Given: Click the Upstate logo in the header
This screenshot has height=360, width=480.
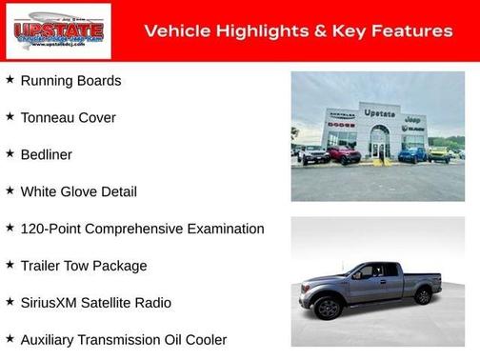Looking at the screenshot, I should [x=58, y=31].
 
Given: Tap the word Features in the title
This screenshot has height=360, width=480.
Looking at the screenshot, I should [x=410, y=31].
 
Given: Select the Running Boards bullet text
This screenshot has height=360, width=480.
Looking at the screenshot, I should [x=70, y=81].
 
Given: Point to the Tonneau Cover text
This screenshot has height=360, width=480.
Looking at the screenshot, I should [x=68, y=118].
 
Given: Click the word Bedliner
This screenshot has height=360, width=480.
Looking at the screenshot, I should [x=46, y=154].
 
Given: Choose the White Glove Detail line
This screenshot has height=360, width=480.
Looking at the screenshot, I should [x=78, y=191].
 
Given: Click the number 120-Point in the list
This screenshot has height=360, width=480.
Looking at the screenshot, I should [x=53, y=229].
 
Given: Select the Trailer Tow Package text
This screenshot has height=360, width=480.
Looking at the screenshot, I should [x=84, y=266].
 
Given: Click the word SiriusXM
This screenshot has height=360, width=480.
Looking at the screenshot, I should [x=51, y=303].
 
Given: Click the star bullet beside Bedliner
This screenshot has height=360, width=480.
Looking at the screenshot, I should [x=10, y=153].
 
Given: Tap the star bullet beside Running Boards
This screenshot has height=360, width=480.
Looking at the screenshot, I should [x=10, y=80].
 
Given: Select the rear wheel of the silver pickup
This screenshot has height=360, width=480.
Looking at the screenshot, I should [x=423, y=295].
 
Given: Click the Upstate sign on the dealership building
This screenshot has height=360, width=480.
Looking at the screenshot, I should [x=379, y=113].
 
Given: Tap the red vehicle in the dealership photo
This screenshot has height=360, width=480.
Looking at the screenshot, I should [x=344, y=153].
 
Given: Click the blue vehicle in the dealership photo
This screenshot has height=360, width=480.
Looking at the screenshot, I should [x=412, y=153].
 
